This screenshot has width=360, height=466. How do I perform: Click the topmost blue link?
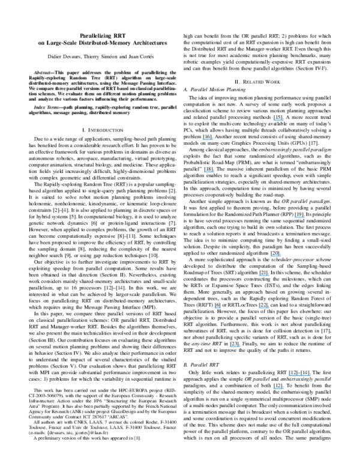point(278,120)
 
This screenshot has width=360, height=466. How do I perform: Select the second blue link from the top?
point(208,140)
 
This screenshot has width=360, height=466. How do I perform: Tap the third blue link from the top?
point(209,172)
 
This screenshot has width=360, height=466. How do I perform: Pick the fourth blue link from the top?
point(299,217)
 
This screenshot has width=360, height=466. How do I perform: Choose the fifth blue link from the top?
point(275,256)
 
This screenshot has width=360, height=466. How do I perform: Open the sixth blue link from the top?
point(264,276)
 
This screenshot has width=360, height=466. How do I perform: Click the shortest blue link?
point(217,308)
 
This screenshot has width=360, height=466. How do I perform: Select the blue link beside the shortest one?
point(264,308)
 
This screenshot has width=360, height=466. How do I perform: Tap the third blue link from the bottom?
point(235,347)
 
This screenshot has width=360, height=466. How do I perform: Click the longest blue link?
point(299,376)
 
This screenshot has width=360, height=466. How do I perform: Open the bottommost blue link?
point(278,389)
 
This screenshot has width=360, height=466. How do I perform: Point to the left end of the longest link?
point(289,376)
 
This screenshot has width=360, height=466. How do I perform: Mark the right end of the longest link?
point(310,376)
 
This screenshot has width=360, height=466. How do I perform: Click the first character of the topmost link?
point(273,120)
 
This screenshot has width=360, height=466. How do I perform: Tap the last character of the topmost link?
point(283,120)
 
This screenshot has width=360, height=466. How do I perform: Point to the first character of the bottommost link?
point(273,389)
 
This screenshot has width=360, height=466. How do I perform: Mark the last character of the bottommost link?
point(283,389)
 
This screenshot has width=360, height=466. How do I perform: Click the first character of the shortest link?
point(214,308)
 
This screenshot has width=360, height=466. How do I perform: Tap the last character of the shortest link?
point(221,308)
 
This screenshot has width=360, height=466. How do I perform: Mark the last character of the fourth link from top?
point(304,217)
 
